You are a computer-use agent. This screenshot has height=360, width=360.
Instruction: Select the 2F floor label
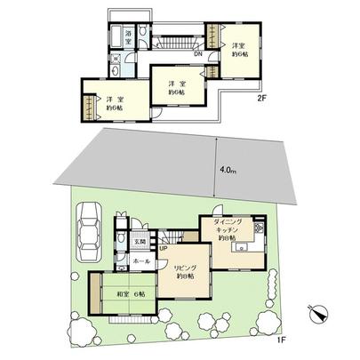[262, 100]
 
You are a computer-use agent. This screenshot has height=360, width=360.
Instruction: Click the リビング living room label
[184, 268]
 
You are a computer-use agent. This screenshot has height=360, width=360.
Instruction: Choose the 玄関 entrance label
[140, 241]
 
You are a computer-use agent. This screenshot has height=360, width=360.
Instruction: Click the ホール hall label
[140, 262]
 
